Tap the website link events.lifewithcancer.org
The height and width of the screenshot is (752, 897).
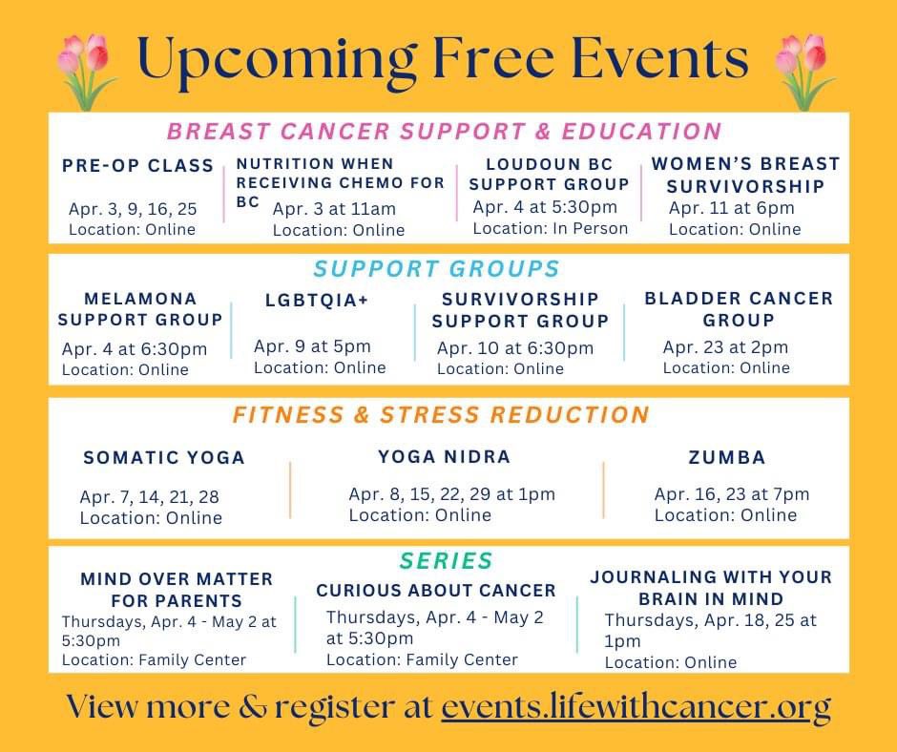pyautogui.click(x=636, y=707)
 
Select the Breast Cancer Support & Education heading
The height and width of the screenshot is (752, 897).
pyautogui.click(x=444, y=131)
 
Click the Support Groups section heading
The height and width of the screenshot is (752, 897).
pyautogui.click(x=436, y=268)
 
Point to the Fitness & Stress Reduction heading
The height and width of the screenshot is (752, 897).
pyautogui.click(x=441, y=415)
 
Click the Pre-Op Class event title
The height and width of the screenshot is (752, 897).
pyautogui.click(x=138, y=166)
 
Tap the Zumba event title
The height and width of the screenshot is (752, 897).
pyautogui.click(x=727, y=458)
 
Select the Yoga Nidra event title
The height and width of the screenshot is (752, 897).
pyautogui.click(x=444, y=457)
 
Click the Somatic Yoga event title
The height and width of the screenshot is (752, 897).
pyautogui.click(x=164, y=458)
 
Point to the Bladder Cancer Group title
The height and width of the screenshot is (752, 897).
pyautogui.click(x=739, y=309)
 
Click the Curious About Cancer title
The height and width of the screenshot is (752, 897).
pyautogui.click(x=436, y=591)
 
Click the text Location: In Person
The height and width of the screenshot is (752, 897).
pyautogui.click(x=551, y=228)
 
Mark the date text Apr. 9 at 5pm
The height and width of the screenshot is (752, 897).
pyautogui.click(x=312, y=346)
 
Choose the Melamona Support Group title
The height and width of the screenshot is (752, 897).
pyautogui.click(x=140, y=309)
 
